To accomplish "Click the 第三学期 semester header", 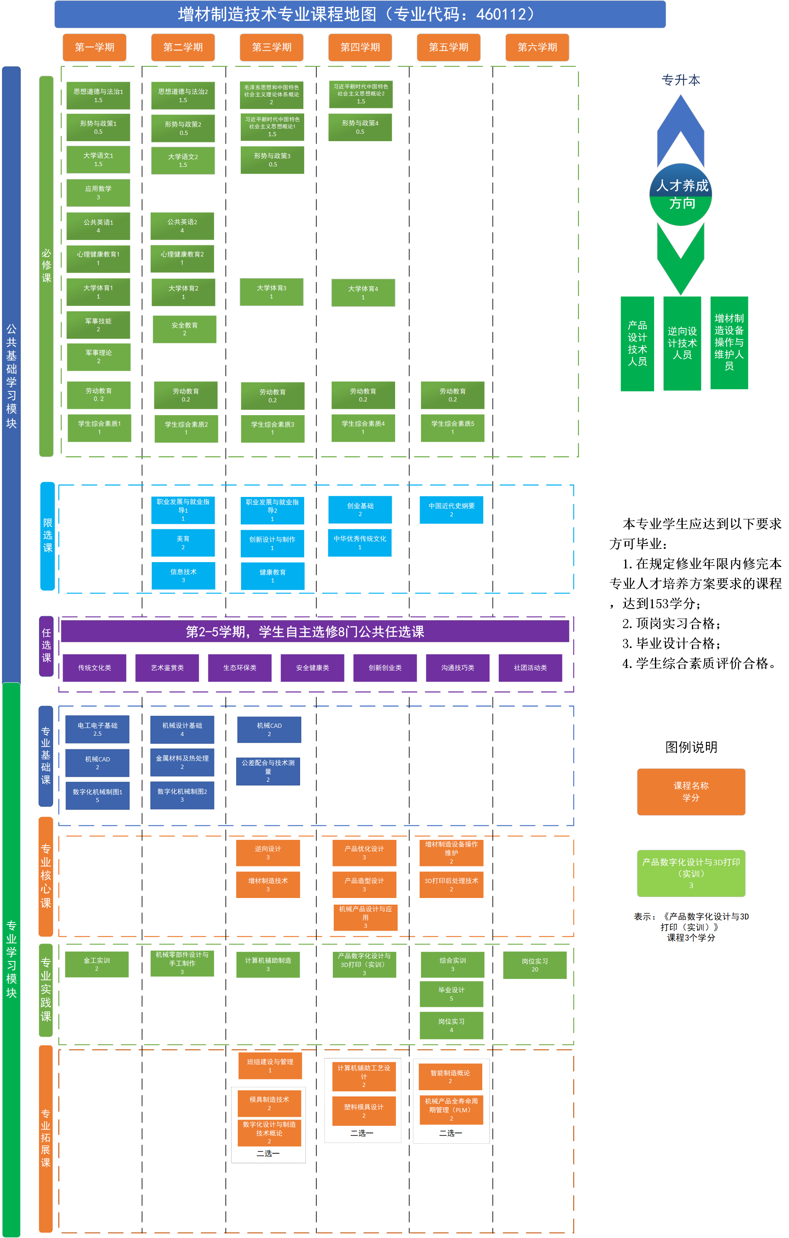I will pos(271,47).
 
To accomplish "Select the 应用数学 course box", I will pos(98,193).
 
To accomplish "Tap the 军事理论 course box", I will pos(99,357).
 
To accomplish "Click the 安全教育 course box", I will pos(185,329).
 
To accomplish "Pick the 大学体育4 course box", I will pos(363,293).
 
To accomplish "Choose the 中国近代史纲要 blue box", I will pos(451,509).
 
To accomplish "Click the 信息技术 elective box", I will pos(183,575).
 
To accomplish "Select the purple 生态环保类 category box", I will pos(239,668).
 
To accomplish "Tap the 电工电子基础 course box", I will pos(97,729).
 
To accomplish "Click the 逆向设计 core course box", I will pos(268,852).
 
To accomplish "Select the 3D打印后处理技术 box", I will pos(451,884).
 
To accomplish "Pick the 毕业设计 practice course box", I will pos(451,994).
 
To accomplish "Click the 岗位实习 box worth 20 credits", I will pos(535,965).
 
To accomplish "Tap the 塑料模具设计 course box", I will pos(364,1111).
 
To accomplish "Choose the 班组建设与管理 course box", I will pos(270,1066).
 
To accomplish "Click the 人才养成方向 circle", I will pos(681,194).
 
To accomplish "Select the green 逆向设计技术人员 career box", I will pos(682,343).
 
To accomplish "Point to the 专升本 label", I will pos(681,80).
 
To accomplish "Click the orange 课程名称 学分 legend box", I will pos(691,792).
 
